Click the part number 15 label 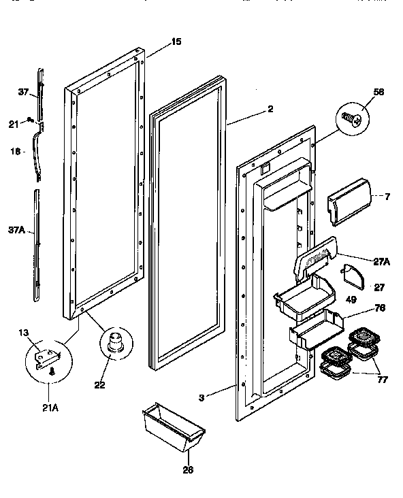click(x=176, y=42)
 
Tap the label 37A click(x=16, y=231)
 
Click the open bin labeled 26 click(x=173, y=426)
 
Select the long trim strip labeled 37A click(x=36, y=245)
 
